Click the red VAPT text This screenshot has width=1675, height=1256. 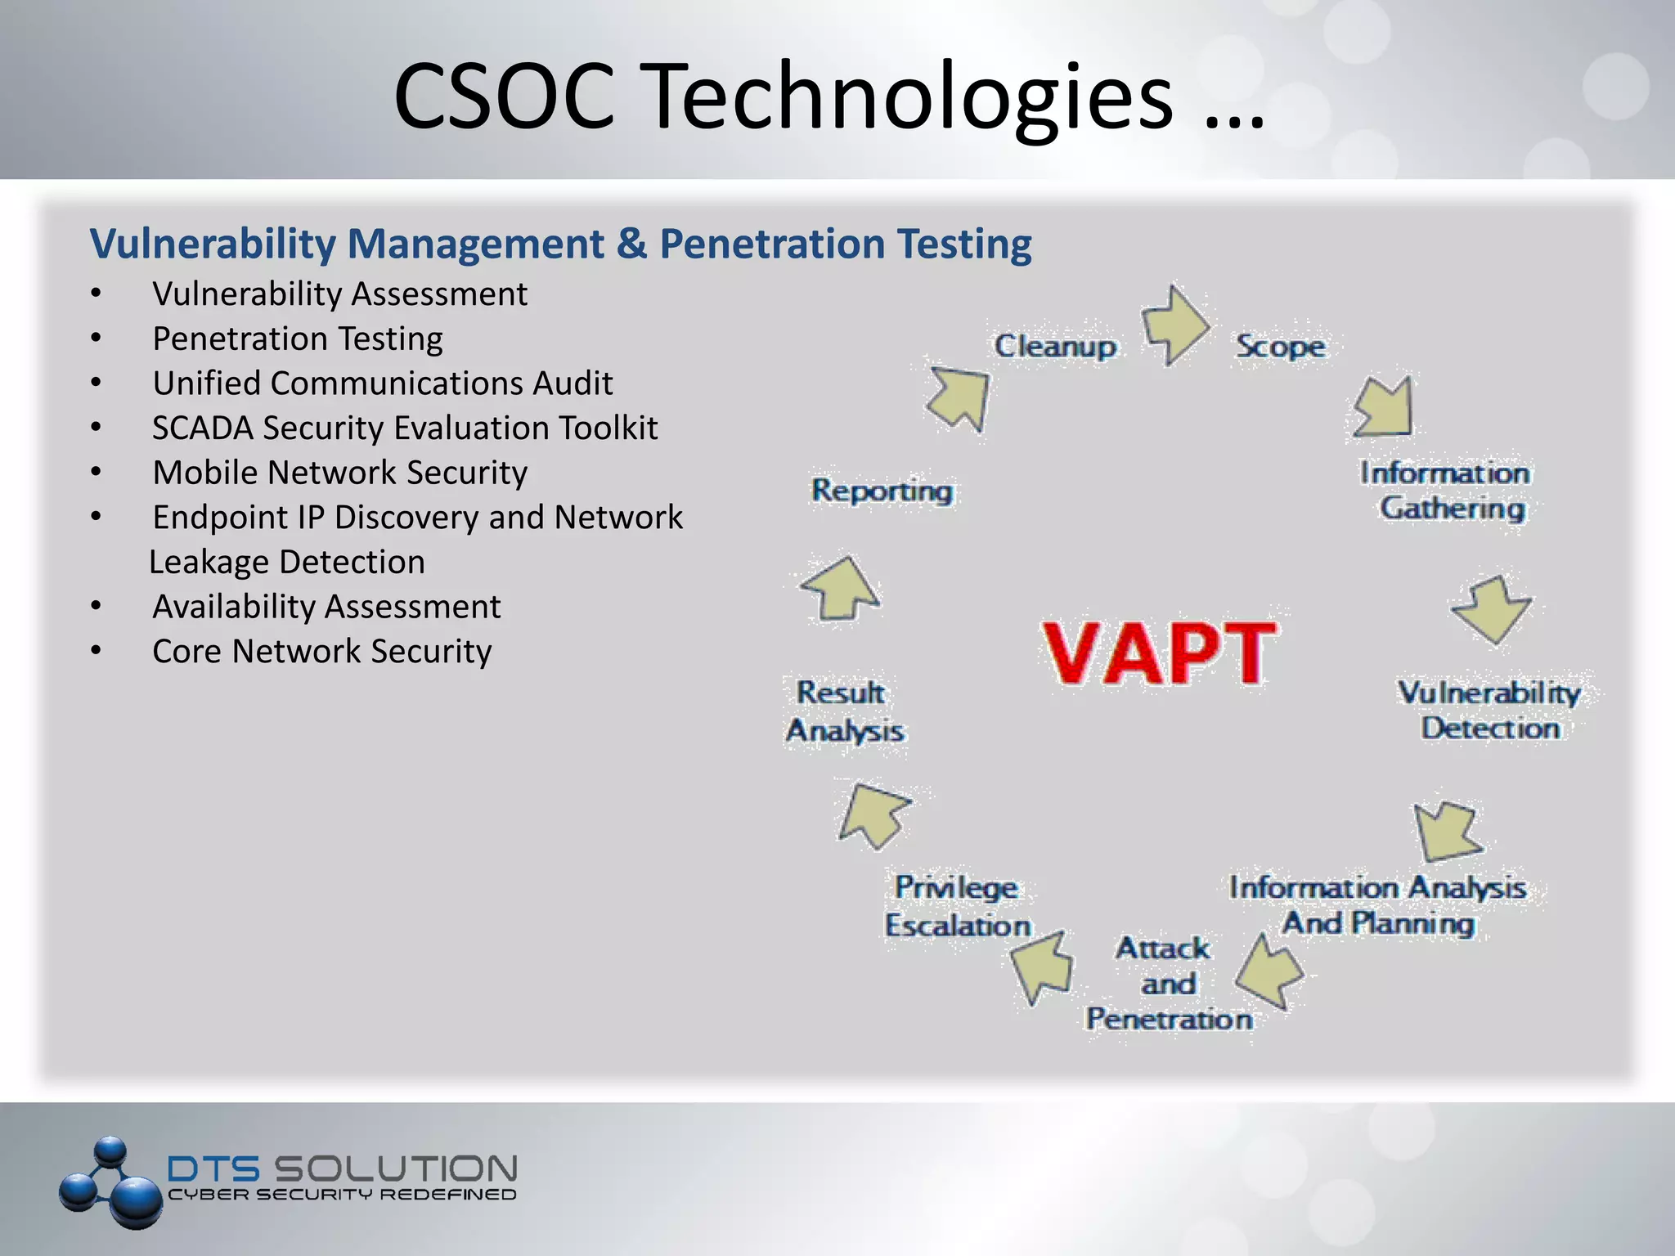[1158, 652]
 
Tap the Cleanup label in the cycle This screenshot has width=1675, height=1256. [1055, 347]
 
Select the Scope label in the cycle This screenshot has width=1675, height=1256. [1280, 347]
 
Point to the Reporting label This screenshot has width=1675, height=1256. [882, 491]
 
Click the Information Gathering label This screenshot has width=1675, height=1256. [1446, 491]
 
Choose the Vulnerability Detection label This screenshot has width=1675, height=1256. [1489, 710]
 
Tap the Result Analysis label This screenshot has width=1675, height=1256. [845, 711]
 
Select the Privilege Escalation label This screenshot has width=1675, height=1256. [957, 906]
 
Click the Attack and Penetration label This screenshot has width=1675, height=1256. [1168, 983]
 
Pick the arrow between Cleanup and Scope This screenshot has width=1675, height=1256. [1174, 325]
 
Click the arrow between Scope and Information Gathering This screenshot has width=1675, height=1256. [1384, 407]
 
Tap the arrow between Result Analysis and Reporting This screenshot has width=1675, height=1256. [841, 589]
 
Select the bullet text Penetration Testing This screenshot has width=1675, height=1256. [298, 339]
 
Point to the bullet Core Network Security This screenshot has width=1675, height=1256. [322, 652]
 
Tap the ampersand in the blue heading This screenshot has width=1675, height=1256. [631, 244]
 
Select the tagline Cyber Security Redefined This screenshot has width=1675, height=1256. [342, 1195]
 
